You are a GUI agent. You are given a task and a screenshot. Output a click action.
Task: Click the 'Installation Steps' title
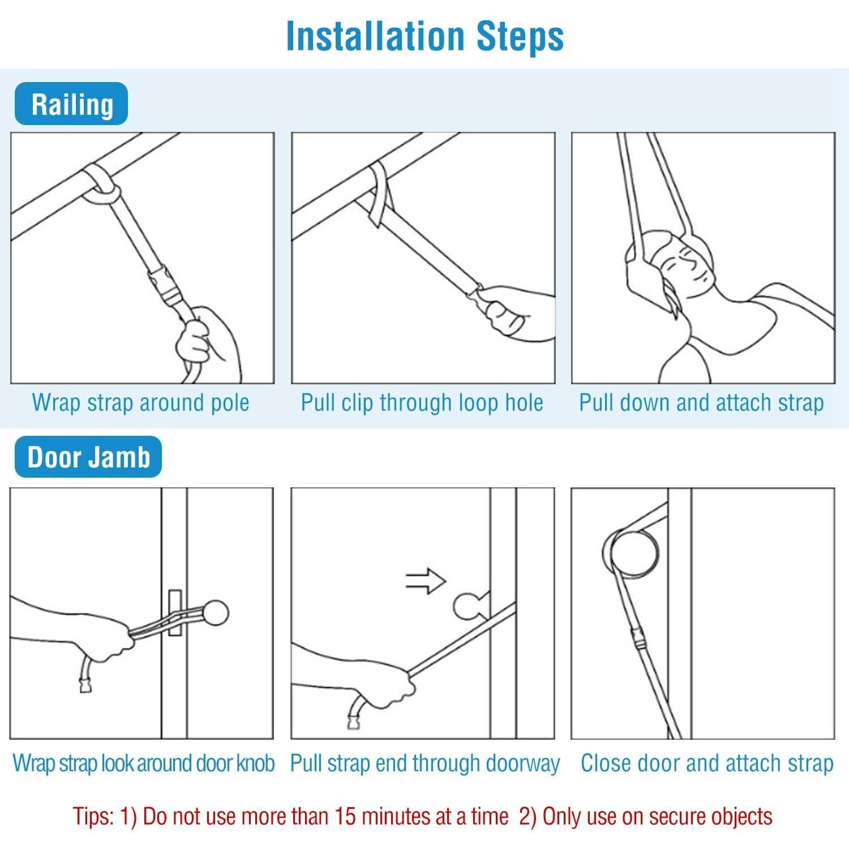(x=425, y=36)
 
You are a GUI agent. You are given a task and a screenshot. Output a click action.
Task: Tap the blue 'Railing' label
(x=71, y=104)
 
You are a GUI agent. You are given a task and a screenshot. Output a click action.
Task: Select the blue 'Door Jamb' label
(x=88, y=457)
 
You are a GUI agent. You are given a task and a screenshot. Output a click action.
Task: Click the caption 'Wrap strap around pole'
(x=140, y=402)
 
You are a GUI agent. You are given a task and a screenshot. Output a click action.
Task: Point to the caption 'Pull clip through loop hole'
(x=422, y=402)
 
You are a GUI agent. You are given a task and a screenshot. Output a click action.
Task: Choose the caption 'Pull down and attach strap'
(x=701, y=402)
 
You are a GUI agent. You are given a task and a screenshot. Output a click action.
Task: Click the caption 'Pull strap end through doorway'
(x=424, y=763)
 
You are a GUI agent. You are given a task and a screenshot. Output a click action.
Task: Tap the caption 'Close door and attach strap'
(x=707, y=763)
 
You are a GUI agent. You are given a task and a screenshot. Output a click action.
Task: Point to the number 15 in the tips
(x=346, y=816)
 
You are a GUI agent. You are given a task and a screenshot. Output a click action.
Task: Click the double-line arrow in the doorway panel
(x=426, y=581)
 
